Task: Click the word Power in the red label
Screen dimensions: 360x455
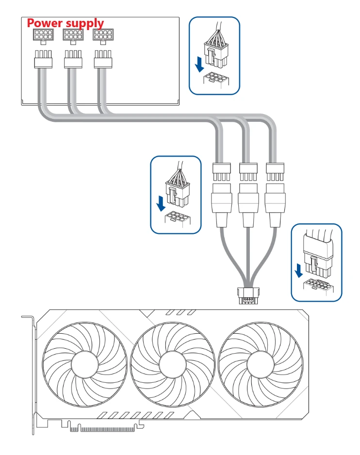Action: [x=45, y=23]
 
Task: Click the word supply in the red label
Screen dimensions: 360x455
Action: [x=84, y=24]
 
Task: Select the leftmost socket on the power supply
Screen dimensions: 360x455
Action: [x=43, y=36]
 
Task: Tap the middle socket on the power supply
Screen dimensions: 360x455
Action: [x=73, y=36]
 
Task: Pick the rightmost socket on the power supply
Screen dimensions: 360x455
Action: [x=103, y=36]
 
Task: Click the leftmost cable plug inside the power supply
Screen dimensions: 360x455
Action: [x=43, y=59]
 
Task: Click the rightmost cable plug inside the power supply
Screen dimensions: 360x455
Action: [x=103, y=59]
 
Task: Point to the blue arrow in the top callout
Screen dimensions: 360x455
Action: [x=199, y=65]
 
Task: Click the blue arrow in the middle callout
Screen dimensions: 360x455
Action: [x=161, y=203]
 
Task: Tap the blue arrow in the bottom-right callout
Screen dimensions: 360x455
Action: [x=298, y=270]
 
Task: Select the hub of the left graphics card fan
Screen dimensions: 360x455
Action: [x=85, y=364]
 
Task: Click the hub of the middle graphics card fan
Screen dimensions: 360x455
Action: [x=173, y=364]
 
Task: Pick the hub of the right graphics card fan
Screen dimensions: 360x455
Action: [x=261, y=364]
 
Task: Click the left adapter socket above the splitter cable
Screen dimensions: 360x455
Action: [x=222, y=205]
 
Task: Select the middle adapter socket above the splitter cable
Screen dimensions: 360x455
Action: [x=248, y=205]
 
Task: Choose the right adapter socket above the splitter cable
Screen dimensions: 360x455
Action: [x=275, y=205]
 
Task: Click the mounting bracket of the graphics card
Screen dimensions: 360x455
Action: [x=32, y=374]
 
